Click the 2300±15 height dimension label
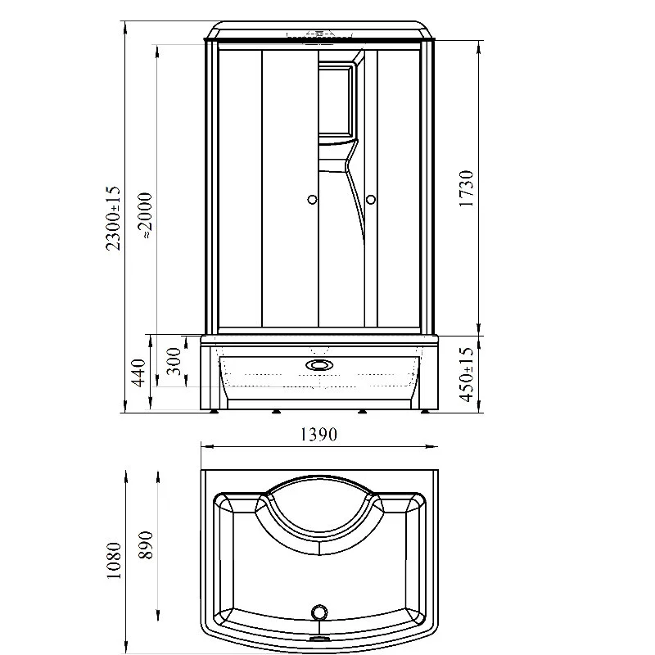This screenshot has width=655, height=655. coord(113,218)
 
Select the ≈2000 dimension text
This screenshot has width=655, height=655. coord(146,215)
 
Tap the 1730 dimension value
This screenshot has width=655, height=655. coord(466,188)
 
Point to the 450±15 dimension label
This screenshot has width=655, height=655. coord(467,375)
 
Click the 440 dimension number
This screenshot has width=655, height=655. coord(138,373)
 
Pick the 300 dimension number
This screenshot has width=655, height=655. coord(174,361)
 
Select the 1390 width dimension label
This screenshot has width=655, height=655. coord(318,435)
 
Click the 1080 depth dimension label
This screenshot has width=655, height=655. coord(114,560)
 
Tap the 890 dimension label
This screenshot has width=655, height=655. coord(146,545)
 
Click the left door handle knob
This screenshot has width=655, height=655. coord(312,200)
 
